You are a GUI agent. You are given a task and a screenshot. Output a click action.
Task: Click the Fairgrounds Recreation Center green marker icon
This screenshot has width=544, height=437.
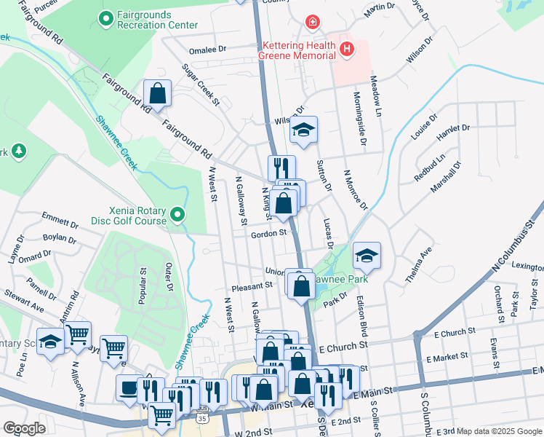point(106,17)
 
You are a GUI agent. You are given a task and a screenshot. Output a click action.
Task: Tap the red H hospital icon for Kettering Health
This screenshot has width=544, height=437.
point(347,50)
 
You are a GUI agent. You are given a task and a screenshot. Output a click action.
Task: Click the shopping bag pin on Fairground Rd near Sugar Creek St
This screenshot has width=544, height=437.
point(157,94)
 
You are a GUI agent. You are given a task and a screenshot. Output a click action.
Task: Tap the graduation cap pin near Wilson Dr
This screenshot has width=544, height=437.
point(303,130)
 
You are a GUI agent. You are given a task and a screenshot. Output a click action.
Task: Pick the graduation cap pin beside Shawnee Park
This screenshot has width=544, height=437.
point(367,256)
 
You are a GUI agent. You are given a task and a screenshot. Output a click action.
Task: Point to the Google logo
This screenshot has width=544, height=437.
point(24,428)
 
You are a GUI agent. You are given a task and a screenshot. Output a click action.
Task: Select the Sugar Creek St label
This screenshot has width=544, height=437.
point(201,84)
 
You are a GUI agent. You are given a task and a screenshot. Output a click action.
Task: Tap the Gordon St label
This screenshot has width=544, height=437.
point(268,235)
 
